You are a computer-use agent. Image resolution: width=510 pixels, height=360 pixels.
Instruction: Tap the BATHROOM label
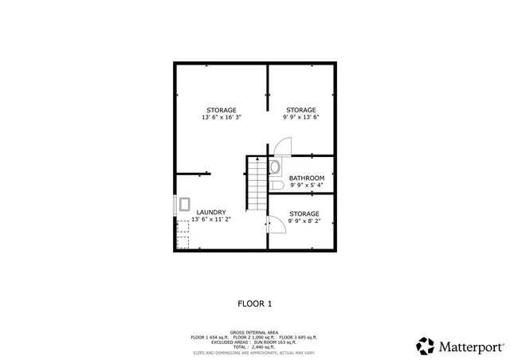coord(306,178)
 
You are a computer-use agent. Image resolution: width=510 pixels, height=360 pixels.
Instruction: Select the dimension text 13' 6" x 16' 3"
coord(221,117)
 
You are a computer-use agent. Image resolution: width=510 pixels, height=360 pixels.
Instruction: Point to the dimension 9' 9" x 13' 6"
coord(300,117)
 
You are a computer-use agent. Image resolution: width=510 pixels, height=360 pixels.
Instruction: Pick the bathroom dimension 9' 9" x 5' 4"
coord(306,185)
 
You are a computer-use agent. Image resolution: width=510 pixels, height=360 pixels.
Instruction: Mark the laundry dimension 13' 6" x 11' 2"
coord(212,220)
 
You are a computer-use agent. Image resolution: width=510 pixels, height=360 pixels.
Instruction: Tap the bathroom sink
coord(275,167)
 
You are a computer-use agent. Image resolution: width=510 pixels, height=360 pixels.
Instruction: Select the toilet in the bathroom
coord(277,186)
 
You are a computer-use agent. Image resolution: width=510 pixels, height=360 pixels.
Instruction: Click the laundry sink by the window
coord(184,203)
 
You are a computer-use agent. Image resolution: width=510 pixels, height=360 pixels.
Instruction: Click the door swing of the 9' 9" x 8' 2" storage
coord(276,225)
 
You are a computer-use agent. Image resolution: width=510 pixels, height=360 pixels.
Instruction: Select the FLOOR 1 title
coord(255,303)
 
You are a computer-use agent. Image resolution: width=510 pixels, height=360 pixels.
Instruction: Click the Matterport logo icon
coord(425,346)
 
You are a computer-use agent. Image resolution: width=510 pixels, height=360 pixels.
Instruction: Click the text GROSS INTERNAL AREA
coord(254,333)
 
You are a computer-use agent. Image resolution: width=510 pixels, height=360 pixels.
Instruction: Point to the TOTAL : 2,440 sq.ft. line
coord(255,347)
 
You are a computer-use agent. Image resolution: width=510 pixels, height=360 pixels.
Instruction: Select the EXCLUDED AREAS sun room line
coord(254,342)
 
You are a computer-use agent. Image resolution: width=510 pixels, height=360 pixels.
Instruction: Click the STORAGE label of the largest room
coord(221,110)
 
